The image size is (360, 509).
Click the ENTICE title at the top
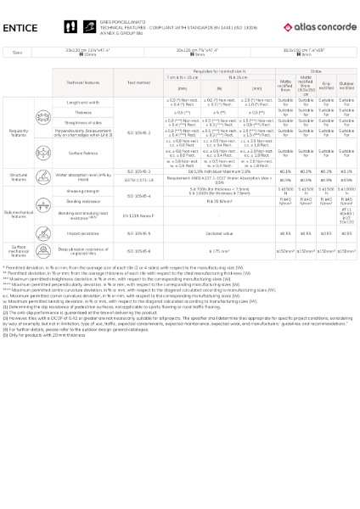20,27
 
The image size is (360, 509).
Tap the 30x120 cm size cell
92,52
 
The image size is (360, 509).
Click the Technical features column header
88,82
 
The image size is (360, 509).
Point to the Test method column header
138,82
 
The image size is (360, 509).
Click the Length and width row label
88,102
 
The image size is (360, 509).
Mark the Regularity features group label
18,133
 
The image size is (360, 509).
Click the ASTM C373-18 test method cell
138,180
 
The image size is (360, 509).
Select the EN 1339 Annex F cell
138,216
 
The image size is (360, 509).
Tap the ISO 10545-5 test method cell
138,232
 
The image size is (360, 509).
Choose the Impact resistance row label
88,232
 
